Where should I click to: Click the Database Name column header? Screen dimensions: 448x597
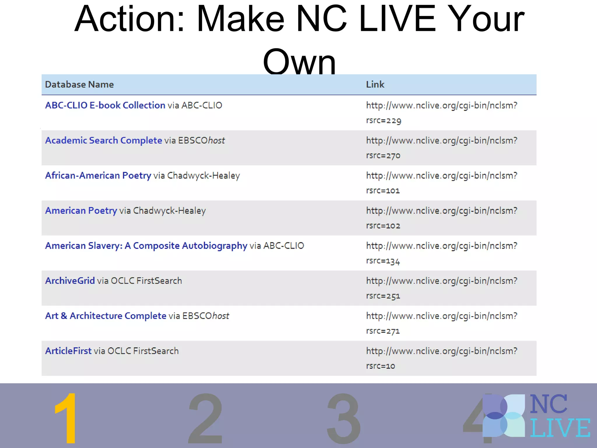(79, 85)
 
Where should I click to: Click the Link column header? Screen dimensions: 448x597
(375, 85)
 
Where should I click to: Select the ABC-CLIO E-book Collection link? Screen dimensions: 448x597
(105, 105)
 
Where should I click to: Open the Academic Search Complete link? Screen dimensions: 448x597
(103, 140)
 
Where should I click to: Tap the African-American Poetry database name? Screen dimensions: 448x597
(98, 176)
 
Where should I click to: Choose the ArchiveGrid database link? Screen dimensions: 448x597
(70, 281)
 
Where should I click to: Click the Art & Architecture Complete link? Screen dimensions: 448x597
(106, 316)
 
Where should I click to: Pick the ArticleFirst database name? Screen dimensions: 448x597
(68, 351)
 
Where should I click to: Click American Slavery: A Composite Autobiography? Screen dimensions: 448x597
(146, 246)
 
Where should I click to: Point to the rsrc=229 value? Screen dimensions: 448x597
(384, 120)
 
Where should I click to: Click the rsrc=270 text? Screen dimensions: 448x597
(383, 155)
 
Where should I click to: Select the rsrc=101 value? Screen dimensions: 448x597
(383, 191)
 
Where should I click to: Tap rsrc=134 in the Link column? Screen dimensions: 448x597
(383, 261)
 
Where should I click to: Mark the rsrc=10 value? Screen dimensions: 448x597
(381, 366)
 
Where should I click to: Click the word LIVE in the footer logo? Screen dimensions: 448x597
(560, 428)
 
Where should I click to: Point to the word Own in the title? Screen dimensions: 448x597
(299, 61)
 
